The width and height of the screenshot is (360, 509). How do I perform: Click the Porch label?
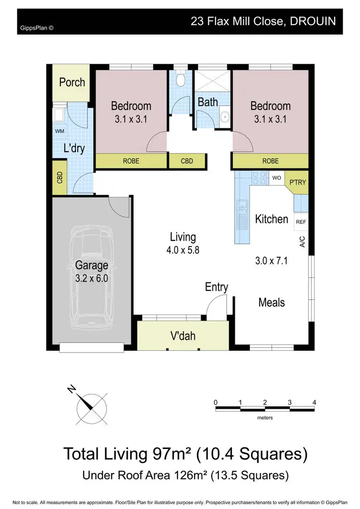tap(72, 82)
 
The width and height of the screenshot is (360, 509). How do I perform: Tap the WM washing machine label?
tap(60, 131)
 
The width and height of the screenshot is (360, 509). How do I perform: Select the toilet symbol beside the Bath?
tap(180, 79)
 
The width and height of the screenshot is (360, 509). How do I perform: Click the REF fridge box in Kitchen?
tap(301, 222)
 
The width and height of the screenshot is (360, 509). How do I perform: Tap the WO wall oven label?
tap(276, 178)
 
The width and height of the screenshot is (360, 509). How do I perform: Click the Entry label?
tap(216, 287)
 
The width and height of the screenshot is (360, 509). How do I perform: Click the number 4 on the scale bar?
tap(314, 402)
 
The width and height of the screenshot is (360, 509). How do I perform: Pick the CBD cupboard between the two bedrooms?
tap(187, 161)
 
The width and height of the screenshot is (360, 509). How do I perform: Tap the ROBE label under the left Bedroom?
tap(131, 161)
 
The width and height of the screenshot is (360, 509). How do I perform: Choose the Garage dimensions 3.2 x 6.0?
tap(91, 279)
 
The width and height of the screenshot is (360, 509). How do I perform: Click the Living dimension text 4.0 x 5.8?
tap(183, 249)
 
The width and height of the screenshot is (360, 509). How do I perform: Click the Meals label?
tap(272, 302)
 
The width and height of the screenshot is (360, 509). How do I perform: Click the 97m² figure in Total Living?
tap(177, 453)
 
